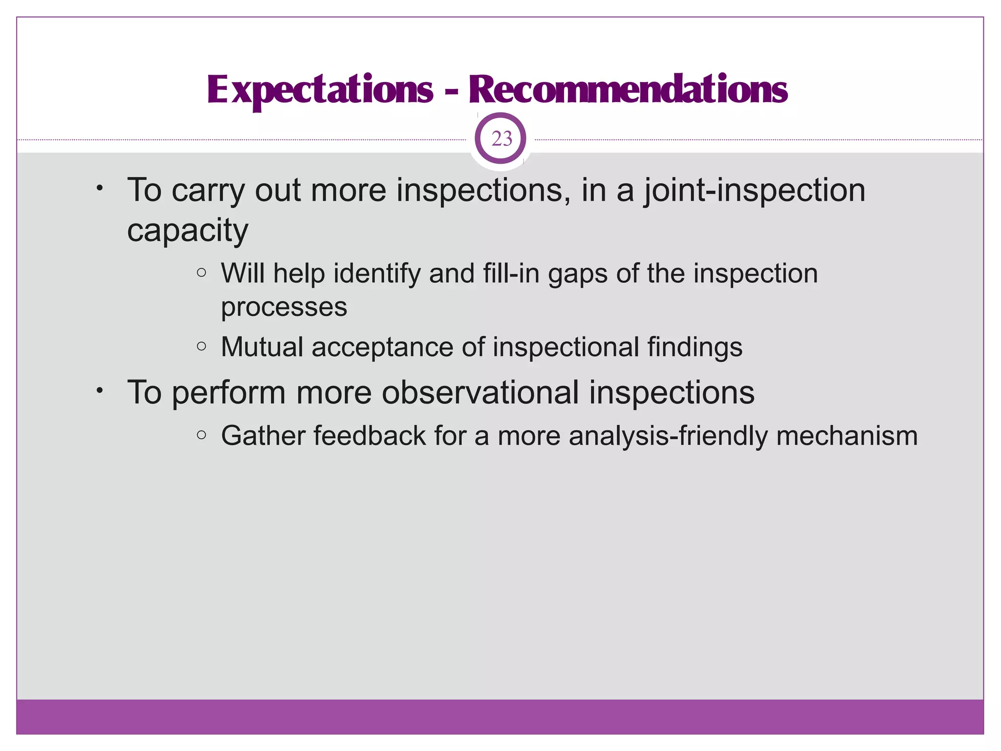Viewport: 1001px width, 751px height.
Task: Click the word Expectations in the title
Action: (x=320, y=90)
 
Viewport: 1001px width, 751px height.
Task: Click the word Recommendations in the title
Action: (x=628, y=90)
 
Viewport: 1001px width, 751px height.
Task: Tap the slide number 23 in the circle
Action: (x=501, y=139)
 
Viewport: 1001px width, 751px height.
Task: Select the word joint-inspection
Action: (x=754, y=190)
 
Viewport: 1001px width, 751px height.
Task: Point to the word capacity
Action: (x=188, y=230)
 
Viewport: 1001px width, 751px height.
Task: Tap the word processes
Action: (x=284, y=308)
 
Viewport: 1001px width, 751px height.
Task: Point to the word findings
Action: (x=695, y=347)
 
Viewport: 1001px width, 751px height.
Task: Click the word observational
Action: (x=480, y=393)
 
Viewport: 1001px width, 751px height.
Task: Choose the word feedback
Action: (x=370, y=436)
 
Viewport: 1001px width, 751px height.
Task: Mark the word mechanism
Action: (x=847, y=436)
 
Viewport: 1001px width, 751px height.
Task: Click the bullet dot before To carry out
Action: (x=99, y=188)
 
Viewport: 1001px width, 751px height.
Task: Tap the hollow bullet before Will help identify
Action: (x=201, y=273)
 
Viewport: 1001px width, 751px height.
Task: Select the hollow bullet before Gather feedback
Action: (x=201, y=435)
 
